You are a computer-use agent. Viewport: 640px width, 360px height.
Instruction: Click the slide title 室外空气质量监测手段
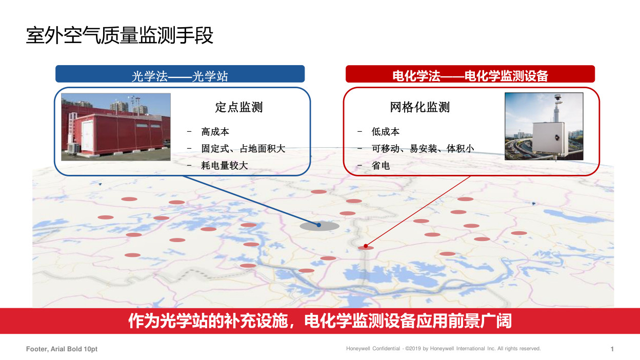click(x=119, y=35)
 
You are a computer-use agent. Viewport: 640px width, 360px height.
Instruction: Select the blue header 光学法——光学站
click(x=180, y=74)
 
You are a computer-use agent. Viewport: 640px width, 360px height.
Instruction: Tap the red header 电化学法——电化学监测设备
click(x=470, y=74)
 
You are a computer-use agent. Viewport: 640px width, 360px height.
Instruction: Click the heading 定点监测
click(x=239, y=107)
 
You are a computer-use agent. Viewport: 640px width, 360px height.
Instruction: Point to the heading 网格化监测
click(x=420, y=107)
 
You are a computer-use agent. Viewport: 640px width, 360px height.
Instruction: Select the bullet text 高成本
click(x=215, y=132)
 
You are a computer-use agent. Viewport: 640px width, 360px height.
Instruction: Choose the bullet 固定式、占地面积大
click(x=243, y=149)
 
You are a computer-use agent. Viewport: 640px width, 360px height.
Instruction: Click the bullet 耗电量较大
click(x=224, y=166)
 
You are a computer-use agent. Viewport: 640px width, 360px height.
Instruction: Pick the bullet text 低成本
click(x=386, y=132)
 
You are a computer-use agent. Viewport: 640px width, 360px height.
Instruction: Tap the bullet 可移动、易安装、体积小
click(x=423, y=149)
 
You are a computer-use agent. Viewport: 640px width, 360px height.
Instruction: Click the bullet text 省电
click(x=381, y=166)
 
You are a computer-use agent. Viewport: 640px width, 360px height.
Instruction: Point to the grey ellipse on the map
click(x=319, y=226)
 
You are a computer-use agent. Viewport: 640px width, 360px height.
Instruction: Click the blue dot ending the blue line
click(x=319, y=225)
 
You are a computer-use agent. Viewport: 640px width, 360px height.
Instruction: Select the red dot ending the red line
click(x=366, y=246)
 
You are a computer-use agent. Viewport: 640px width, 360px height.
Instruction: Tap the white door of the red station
click(x=87, y=135)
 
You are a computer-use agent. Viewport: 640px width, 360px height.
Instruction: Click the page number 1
click(x=612, y=349)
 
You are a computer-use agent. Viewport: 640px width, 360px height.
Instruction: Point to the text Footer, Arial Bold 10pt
click(x=62, y=349)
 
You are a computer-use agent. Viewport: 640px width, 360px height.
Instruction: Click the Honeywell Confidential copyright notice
click(x=444, y=349)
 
